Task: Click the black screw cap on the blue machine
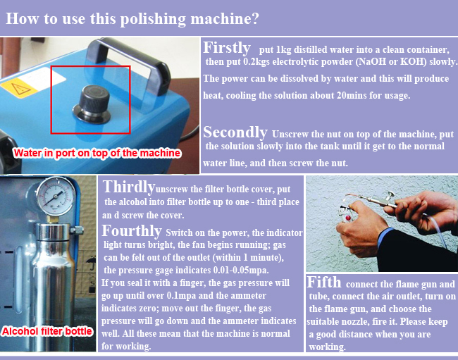[x=92, y=104]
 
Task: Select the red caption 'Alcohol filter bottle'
[x=47, y=331]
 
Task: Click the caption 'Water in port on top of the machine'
[x=97, y=153]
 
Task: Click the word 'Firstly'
[x=227, y=48]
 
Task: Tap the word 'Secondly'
[x=235, y=132]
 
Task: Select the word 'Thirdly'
[x=128, y=187]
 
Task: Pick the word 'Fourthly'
[x=132, y=230]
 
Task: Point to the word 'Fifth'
[x=324, y=282]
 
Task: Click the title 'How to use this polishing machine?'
[x=132, y=19]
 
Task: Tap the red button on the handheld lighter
[x=348, y=218]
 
